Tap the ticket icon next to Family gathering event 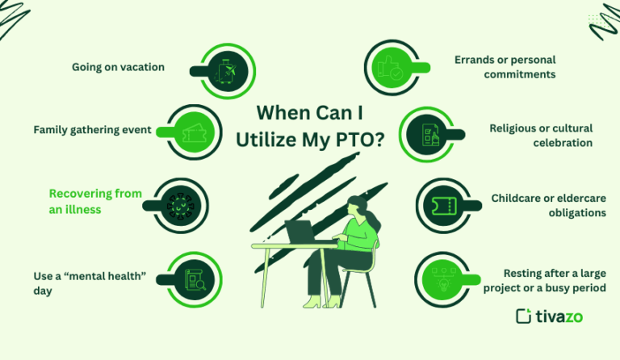(x=194, y=132)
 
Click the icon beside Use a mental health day (x=194, y=278)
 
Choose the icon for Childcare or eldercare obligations (x=441, y=205)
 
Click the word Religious (x=517, y=128)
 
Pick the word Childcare (x=520, y=198)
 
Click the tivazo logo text (x=559, y=316)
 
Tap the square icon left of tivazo (x=524, y=316)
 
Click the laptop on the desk (x=300, y=232)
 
